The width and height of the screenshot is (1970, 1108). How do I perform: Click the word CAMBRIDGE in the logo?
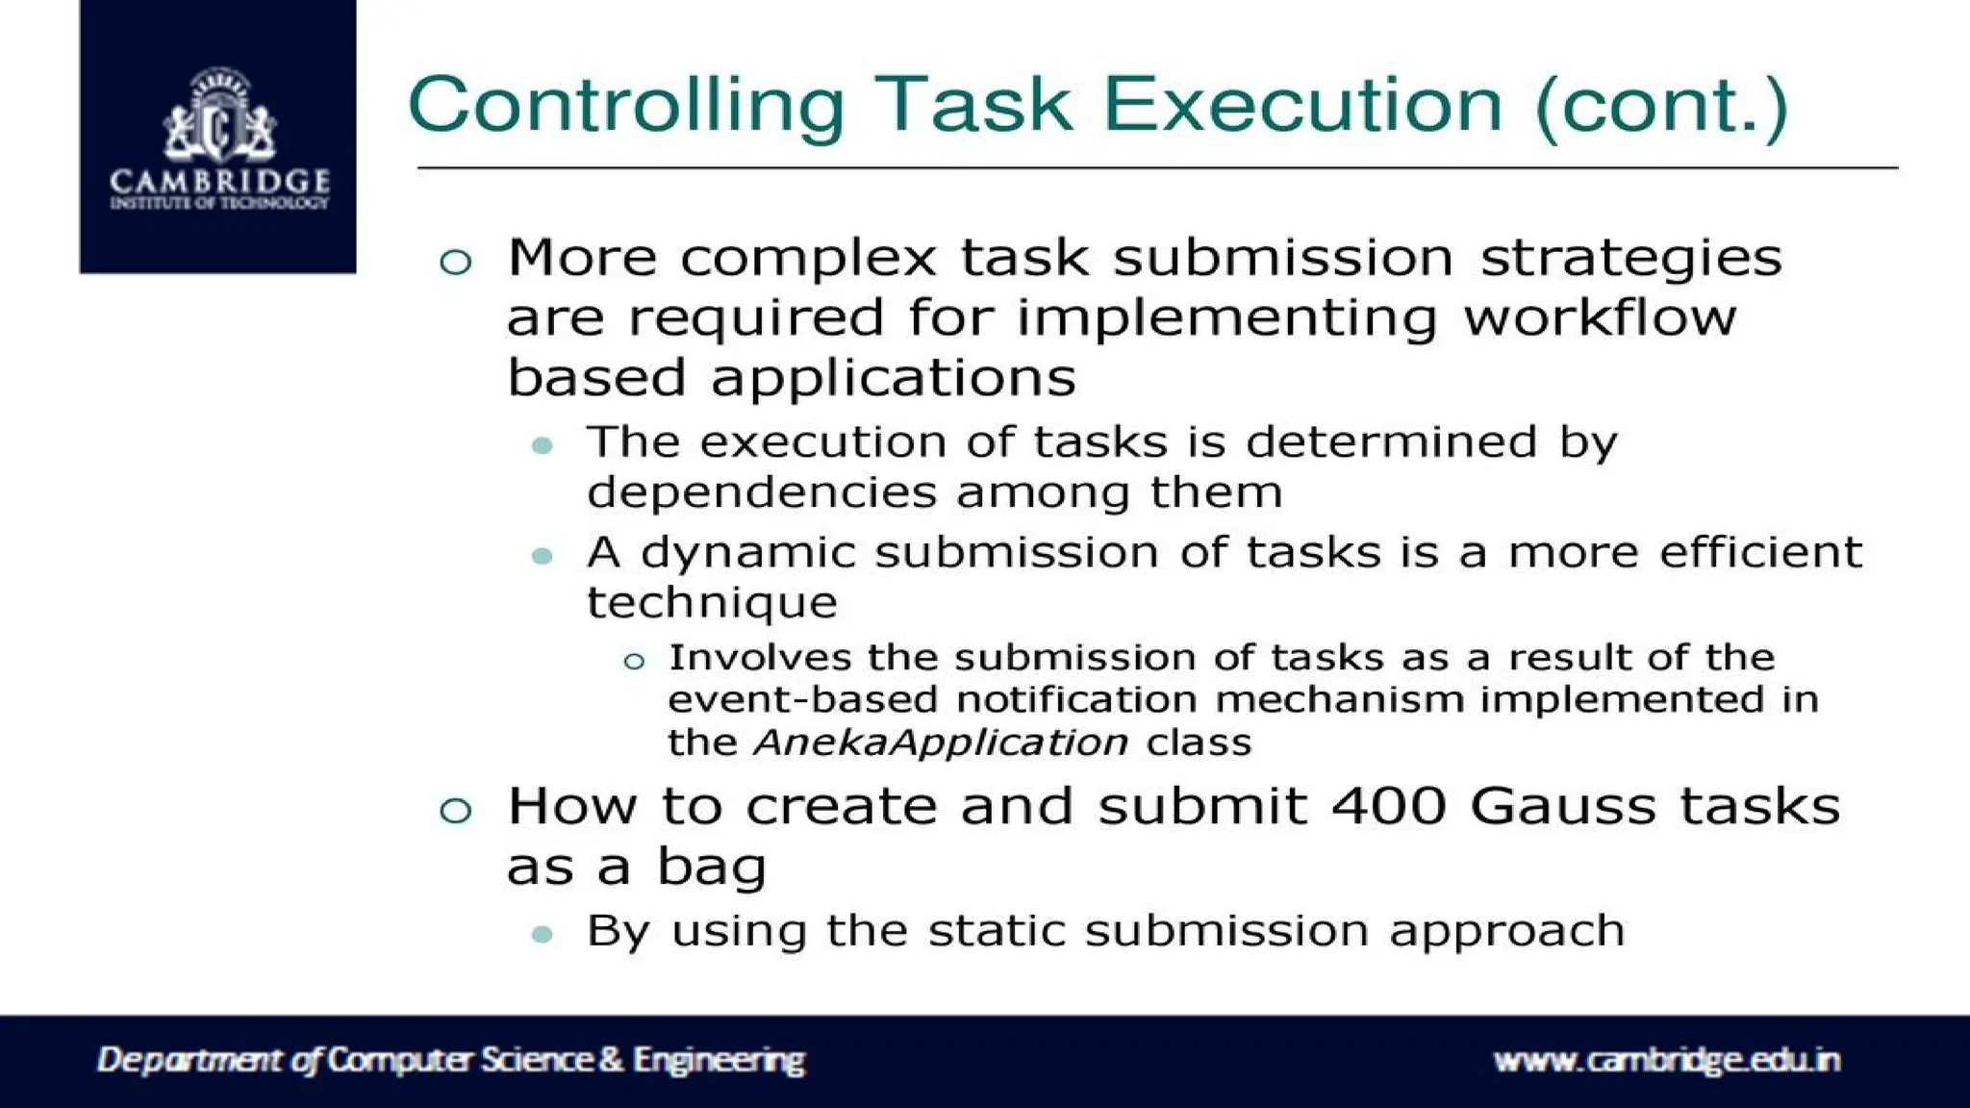click(x=219, y=181)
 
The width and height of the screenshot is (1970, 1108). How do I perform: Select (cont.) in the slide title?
click(x=1661, y=106)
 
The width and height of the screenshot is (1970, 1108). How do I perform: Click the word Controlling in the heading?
click(x=625, y=106)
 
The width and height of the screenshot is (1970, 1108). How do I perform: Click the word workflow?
click(x=1600, y=317)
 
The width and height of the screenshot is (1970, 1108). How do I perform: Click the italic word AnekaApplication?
click(x=941, y=743)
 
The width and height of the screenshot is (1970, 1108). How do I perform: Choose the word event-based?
click(x=802, y=699)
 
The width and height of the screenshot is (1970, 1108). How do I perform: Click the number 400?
click(x=1389, y=805)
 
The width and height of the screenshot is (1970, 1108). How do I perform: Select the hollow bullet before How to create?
click(x=455, y=810)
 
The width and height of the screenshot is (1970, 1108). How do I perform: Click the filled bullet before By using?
click(x=543, y=934)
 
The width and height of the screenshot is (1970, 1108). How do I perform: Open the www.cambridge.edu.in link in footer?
click(x=1666, y=1060)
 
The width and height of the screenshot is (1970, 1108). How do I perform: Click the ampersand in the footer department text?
click(x=611, y=1060)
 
